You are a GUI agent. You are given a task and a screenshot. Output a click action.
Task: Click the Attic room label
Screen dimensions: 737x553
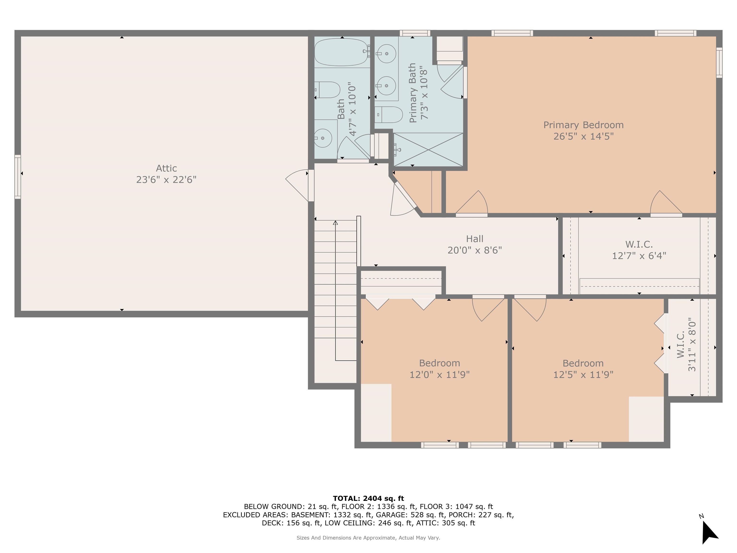tap(166, 168)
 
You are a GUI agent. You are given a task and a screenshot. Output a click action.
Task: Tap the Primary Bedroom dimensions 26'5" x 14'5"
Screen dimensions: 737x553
tap(583, 136)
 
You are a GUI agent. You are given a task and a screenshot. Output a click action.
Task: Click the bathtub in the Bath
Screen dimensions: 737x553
tap(342, 52)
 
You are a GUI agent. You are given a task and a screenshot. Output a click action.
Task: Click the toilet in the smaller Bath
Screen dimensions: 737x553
tap(327, 90)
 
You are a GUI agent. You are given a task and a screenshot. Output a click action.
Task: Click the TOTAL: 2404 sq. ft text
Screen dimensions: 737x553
tap(368, 498)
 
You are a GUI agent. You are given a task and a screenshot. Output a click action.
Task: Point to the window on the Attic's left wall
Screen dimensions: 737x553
tap(18, 177)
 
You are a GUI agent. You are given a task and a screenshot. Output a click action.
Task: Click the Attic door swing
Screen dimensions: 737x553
tap(297, 185)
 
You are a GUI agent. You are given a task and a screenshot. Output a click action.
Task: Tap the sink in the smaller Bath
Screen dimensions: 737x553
tap(322, 138)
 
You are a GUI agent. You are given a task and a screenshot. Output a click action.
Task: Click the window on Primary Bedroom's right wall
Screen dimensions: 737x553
tap(719, 63)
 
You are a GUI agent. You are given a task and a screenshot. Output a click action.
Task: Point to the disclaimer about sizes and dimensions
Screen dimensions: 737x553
tap(368, 538)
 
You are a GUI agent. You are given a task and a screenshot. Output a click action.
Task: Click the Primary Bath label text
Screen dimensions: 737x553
tap(412, 93)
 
